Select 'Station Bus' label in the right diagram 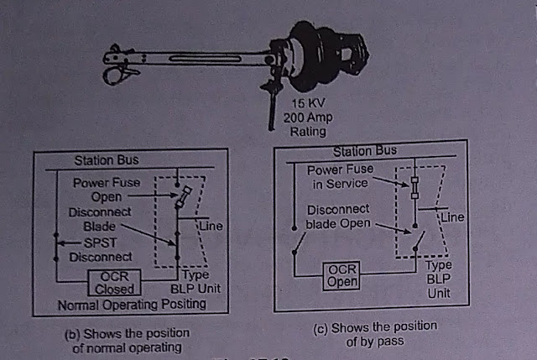pyautogui.click(x=365, y=152)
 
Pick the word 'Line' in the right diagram pyautogui.click(x=453, y=217)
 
